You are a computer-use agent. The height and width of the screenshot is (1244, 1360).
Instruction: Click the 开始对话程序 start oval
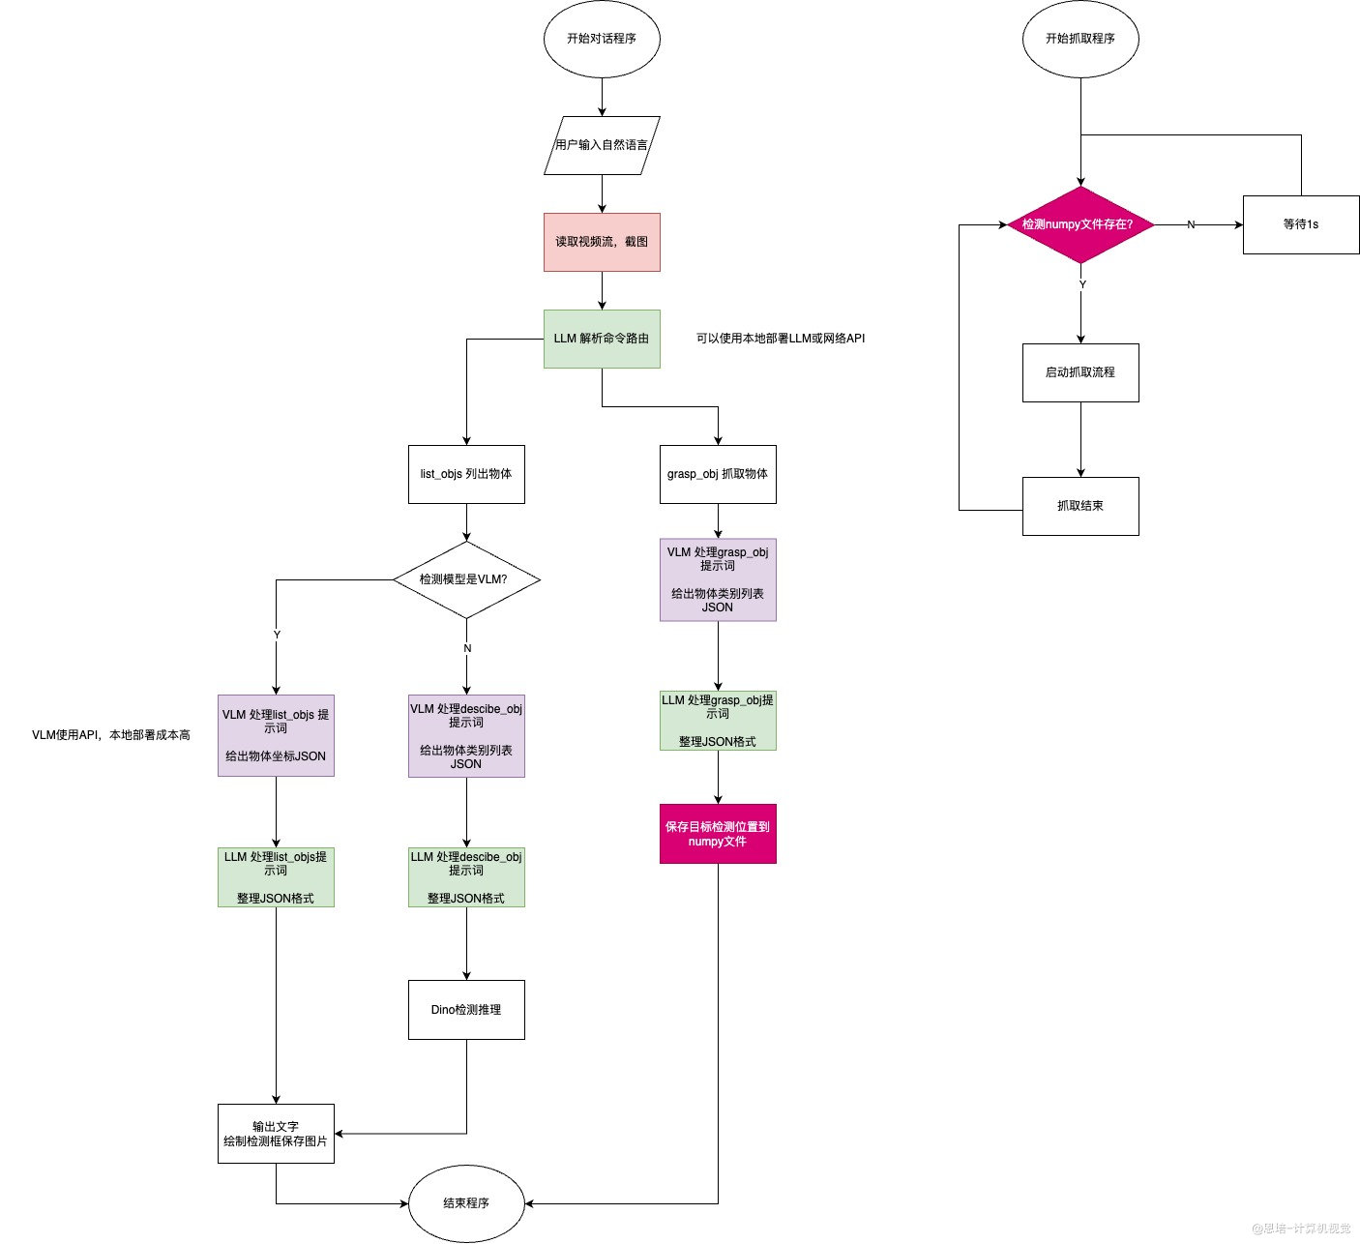[x=602, y=39]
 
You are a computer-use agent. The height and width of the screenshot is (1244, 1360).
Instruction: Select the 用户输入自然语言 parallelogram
[x=602, y=145]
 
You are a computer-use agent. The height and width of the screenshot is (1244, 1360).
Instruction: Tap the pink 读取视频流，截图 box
[x=602, y=242]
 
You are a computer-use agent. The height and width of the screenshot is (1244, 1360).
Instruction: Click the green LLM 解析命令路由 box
[x=602, y=339]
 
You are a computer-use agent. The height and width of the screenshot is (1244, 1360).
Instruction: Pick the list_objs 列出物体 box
[x=466, y=474]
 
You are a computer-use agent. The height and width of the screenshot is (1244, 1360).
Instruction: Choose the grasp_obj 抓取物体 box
[x=718, y=474]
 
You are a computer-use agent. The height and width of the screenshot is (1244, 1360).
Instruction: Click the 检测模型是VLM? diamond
[x=466, y=579]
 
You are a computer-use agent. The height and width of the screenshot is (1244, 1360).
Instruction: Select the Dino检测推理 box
[x=466, y=1009]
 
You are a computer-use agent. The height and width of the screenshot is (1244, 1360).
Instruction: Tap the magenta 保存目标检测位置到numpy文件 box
[x=718, y=834]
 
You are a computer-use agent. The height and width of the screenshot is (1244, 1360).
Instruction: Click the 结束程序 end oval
[x=466, y=1203]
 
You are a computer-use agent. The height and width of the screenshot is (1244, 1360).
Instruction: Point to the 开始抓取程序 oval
[x=1080, y=39]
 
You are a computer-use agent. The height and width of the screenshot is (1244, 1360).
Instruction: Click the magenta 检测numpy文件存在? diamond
[x=1080, y=224]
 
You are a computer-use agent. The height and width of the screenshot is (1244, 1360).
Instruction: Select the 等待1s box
[x=1300, y=224]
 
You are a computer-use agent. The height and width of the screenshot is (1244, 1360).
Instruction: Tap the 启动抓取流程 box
[x=1080, y=372]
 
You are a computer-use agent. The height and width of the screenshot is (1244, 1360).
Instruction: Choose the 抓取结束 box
[x=1080, y=506]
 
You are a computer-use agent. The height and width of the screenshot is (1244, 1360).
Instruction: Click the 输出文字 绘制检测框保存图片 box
[x=276, y=1134]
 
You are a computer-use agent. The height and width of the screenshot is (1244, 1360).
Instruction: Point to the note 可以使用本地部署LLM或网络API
[x=781, y=339]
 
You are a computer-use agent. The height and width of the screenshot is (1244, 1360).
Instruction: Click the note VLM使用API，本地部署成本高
[x=111, y=735]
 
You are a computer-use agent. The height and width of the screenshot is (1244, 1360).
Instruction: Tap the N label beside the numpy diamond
[x=1191, y=224]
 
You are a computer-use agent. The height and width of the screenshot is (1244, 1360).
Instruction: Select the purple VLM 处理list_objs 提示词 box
[x=276, y=735]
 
